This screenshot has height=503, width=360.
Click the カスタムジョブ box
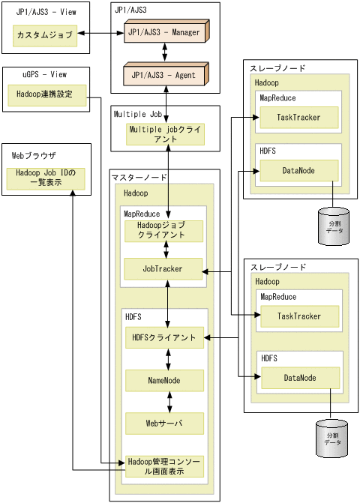45,35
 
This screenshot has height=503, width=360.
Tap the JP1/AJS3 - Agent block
164,76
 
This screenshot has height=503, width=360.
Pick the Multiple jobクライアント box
165,134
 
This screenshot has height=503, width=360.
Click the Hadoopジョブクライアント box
164,230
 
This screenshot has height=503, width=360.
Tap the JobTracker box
164,268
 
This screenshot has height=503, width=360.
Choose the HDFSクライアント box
164,338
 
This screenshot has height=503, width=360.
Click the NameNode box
164,380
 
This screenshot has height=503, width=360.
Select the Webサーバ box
164,424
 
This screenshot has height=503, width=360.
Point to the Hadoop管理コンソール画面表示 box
164,466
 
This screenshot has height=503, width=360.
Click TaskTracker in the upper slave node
298,118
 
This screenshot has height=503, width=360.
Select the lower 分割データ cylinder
331,439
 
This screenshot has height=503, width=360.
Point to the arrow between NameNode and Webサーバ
170,402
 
